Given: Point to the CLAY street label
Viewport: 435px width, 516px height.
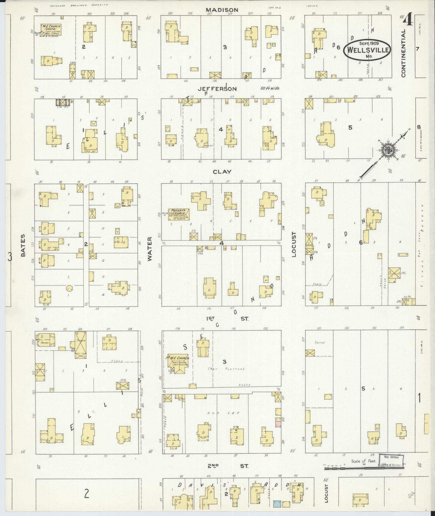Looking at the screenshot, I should tap(222, 172).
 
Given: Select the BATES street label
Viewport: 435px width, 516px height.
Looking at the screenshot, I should tap(23, 250).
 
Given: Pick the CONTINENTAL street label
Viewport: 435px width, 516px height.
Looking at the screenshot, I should tap(403, 53).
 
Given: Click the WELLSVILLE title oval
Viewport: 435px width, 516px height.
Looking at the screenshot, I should tap(367, 50).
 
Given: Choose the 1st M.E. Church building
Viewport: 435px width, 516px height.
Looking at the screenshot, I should tap(179, 363).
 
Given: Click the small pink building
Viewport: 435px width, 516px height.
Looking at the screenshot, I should tap(278, 424).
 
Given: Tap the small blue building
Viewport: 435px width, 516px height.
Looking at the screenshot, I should tap(277, 504).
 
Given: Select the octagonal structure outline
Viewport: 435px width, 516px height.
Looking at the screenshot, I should tap(70, 288).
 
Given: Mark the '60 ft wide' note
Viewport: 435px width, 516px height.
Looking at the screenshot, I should tap(270, 89).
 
